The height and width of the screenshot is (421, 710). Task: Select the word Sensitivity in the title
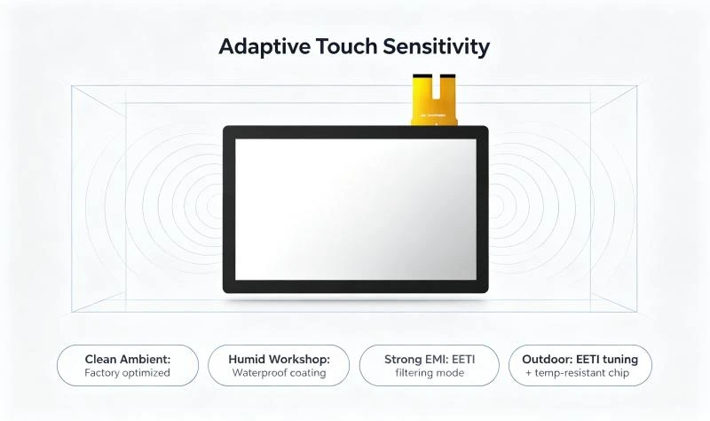click(436, 47)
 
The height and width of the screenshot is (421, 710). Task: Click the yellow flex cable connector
click(434, 99)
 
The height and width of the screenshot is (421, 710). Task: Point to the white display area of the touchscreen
click(356, 209)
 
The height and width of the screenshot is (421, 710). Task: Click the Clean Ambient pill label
click(128, 366)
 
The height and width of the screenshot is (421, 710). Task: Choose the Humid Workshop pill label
click(279, 366)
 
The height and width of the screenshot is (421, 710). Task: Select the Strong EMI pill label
click(430, 366)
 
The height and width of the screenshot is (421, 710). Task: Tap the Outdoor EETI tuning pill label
click(580, 366)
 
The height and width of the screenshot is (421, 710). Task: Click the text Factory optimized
click(127, 373)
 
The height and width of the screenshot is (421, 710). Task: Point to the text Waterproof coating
click(279, 372)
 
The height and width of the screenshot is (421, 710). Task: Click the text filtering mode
click(430, 373)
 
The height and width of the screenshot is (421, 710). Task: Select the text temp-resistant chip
click(582, 373)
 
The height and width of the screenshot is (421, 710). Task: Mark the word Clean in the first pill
click(99, 360)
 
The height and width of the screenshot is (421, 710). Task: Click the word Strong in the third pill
click(403, 360)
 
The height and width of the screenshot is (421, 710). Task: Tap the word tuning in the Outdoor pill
click(619, 360)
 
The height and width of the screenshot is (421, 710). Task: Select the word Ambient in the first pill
click(144, 360)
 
